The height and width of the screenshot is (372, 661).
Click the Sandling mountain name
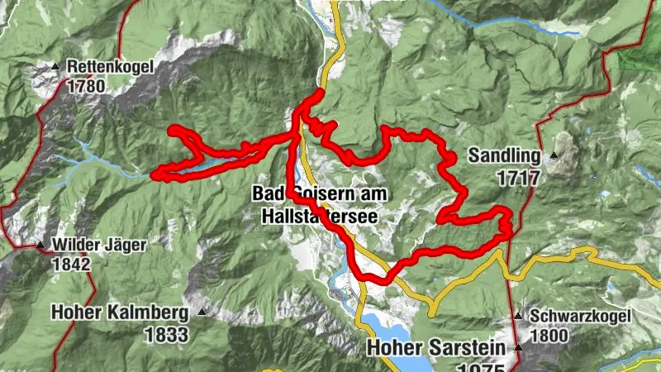[503, 155]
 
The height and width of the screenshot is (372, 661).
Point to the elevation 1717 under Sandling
[518, 177]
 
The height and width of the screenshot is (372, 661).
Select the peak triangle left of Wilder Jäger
[40, 245]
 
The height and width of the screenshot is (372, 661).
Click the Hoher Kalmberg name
[121, 313]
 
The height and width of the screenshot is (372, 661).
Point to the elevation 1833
[165, 335]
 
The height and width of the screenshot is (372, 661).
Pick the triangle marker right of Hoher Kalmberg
[201, 312]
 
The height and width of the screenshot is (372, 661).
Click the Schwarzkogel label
[581, 316]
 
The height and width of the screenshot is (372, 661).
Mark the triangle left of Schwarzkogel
[517, 317]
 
